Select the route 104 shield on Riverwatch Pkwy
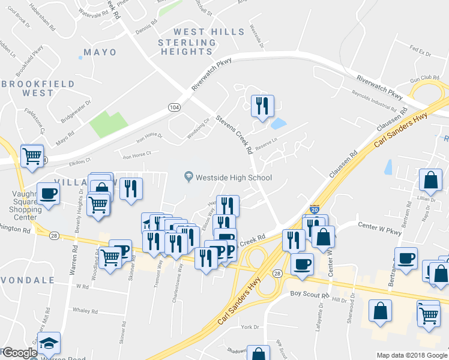tap(173, 107)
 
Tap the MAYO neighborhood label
tap(100, 52)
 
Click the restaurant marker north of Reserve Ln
tap(262, 106)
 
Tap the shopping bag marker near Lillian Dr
tap(430, 179)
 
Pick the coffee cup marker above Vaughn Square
tap(48, 193)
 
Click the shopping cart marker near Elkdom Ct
tap(32, 156)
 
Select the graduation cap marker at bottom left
tap(50, 343)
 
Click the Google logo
tap(20, 353)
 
